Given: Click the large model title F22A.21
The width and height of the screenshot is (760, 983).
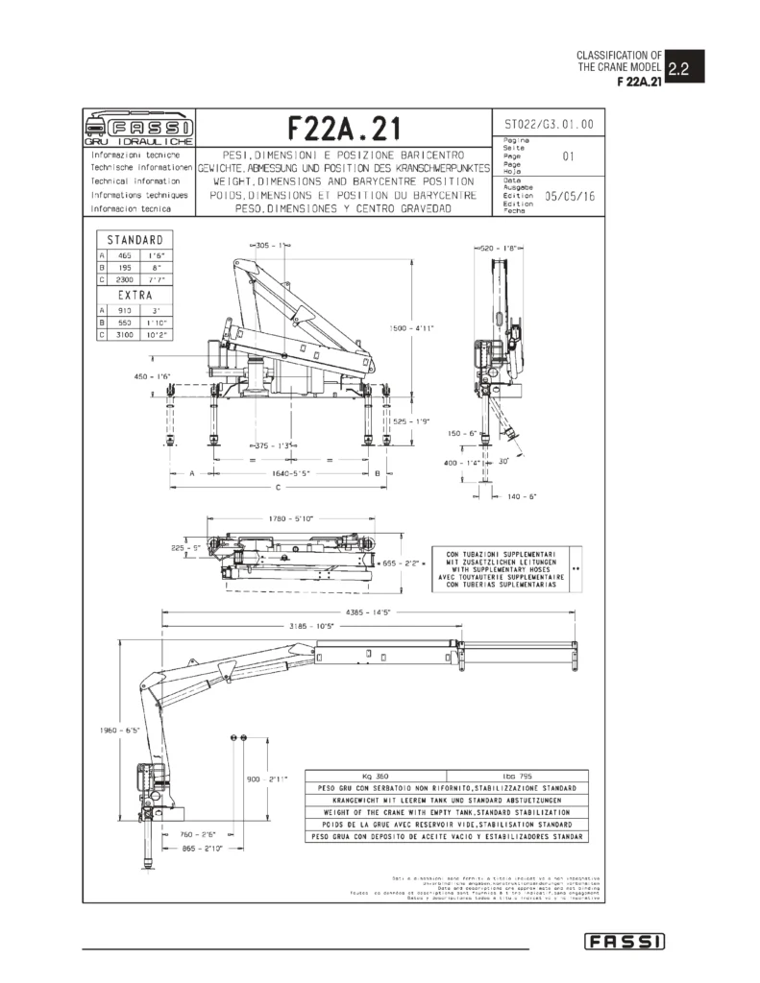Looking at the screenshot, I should [343, 129].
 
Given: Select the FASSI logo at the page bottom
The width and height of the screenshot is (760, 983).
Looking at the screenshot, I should [624, 942].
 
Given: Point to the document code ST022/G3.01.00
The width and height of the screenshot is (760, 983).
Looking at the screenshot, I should [548, 125].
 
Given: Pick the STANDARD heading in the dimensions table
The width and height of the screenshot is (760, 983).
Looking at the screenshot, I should [134, 239].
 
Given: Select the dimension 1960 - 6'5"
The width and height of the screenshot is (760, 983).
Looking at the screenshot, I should [119, 731].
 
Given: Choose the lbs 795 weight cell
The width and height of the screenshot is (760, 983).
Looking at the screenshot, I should [515, 775].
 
